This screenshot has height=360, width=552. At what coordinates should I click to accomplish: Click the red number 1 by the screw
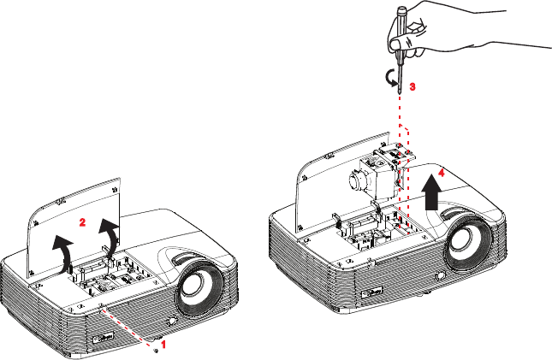point(163,344)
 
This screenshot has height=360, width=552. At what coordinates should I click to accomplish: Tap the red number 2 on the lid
point(82,222)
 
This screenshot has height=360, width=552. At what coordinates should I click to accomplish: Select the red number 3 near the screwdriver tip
point(413,86)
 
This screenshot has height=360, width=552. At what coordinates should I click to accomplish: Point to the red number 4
point(441,172)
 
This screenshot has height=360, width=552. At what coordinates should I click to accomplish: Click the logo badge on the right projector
point(373,292)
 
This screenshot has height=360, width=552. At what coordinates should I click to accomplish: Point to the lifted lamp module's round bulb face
point(355,180)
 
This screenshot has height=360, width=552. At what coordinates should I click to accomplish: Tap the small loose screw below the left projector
point(157,350)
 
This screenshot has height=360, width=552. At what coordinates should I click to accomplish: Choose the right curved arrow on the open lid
point(110,237)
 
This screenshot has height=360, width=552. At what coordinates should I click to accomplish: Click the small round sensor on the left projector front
point(173,322)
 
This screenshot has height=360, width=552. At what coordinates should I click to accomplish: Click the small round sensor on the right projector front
point(440,275)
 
